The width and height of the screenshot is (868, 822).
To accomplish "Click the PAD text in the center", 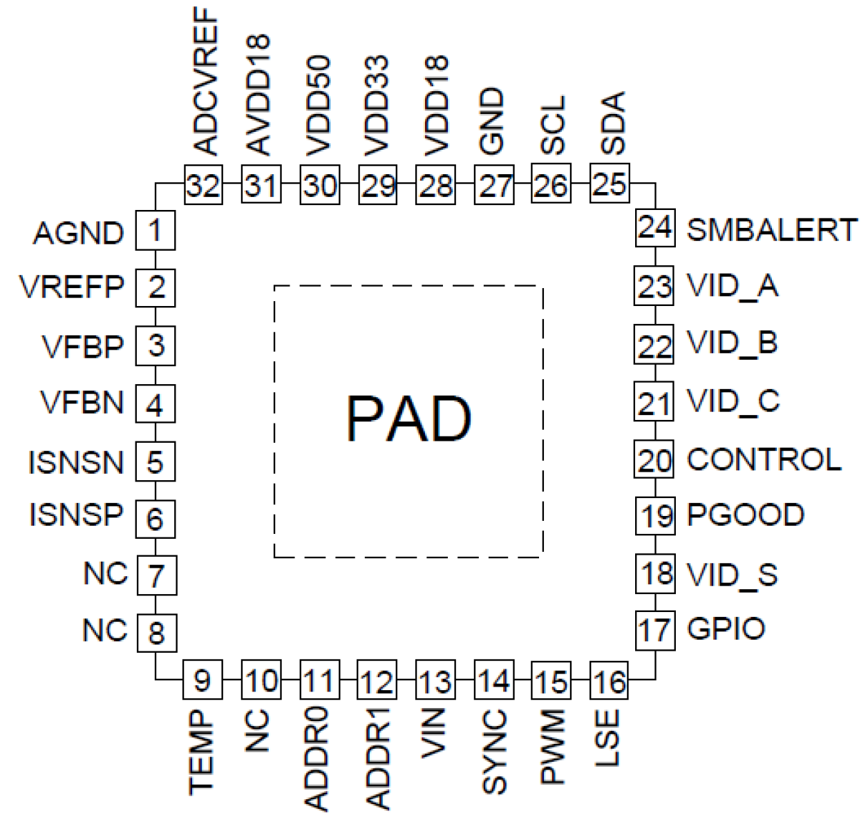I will point(408,419).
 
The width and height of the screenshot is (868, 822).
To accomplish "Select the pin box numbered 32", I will point(203,184).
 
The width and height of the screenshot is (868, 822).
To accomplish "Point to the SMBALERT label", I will point(771,230).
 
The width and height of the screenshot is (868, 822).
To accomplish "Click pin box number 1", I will point(155,230).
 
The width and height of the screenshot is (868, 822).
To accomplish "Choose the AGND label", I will point(79,233).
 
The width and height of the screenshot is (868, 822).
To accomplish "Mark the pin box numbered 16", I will point(609,681).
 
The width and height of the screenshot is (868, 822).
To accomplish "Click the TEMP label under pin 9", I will point(201,752).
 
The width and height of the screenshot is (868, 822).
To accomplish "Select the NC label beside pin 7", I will point(106,573).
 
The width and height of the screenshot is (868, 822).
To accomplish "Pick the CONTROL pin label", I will point(764,460).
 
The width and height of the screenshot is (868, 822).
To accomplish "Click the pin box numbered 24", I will point(654,227).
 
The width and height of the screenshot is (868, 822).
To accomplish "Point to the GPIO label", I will point(726,629).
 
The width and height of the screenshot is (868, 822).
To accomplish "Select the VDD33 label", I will point(377,106).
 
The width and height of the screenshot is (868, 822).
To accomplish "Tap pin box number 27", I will point(493,184).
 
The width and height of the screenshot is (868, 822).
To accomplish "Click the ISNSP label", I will point(76,515).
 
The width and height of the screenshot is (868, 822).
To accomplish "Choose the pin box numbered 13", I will point(435,681).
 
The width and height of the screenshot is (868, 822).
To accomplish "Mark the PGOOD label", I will point(745,515).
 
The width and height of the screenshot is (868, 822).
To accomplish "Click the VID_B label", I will point(732,343).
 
